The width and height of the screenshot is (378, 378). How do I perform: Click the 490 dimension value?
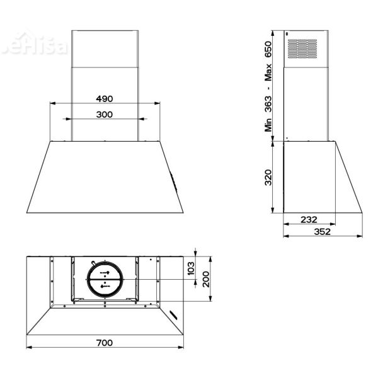coord(104,98)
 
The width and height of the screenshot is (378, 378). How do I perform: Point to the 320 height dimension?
coord(268,178)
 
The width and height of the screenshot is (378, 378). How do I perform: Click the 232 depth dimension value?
coord(309,219)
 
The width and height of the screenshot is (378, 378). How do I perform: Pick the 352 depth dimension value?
coord(322,231)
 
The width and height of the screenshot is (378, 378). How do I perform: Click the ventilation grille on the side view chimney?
coord(303,49)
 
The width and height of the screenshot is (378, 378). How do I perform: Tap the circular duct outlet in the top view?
coord(105,278)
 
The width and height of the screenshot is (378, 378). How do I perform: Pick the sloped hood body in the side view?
coord(321,180)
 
